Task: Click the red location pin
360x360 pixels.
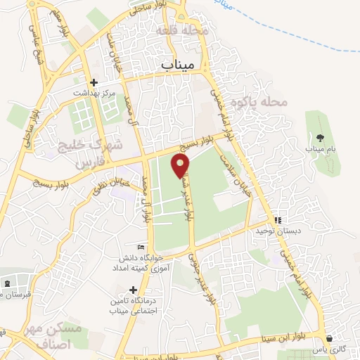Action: [x=181, y=165]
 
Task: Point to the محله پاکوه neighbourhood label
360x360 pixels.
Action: [x=264, y=102]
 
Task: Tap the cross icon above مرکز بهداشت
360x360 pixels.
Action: [x=93, y=82]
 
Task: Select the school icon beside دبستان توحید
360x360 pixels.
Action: [x=277, y=219]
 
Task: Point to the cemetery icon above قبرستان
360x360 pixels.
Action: [x=8, y=283]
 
